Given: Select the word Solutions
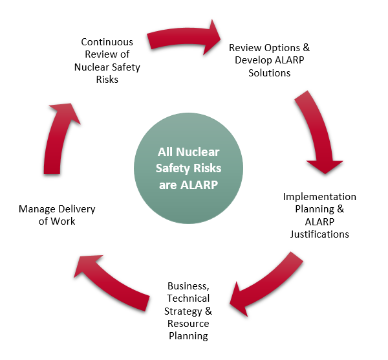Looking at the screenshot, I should tap(269, 73).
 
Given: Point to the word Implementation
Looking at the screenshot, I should tap(319, 197).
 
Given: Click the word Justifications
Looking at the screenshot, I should tap(319, 234).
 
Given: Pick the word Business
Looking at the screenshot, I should tap(188, 286).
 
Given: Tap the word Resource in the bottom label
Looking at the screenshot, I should tap(188, 323).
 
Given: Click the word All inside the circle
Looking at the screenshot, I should tap(166, 152).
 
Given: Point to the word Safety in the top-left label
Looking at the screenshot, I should tap(125, 67).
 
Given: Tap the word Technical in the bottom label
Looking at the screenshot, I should tap(188, 298).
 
